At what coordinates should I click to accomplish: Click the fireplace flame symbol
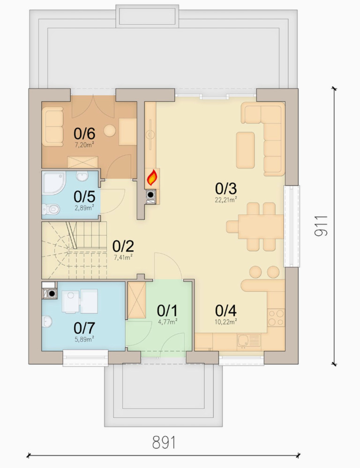coord(152,178)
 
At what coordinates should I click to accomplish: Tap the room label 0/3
coord(225,189)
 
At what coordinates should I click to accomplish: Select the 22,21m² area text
coord(226,200)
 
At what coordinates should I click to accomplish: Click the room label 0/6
coord(84,134)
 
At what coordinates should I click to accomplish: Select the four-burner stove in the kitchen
coord(276,318)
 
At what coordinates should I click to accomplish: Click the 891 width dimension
coord(164,442)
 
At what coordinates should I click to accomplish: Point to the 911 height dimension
coord(321,226)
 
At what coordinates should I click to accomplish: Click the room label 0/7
coord(84,328)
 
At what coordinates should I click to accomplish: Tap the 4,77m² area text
coord(167,321)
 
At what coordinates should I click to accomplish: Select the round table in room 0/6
coord(110,130)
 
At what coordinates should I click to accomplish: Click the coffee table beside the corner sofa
coord(245,150)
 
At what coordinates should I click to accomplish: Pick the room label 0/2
coord(123,246)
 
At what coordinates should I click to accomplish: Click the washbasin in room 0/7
coord(47,321)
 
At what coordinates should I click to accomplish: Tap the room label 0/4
coord(225,311)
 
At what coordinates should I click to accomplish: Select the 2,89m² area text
coord(84,208)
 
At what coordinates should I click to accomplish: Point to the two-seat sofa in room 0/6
coord(52,127)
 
